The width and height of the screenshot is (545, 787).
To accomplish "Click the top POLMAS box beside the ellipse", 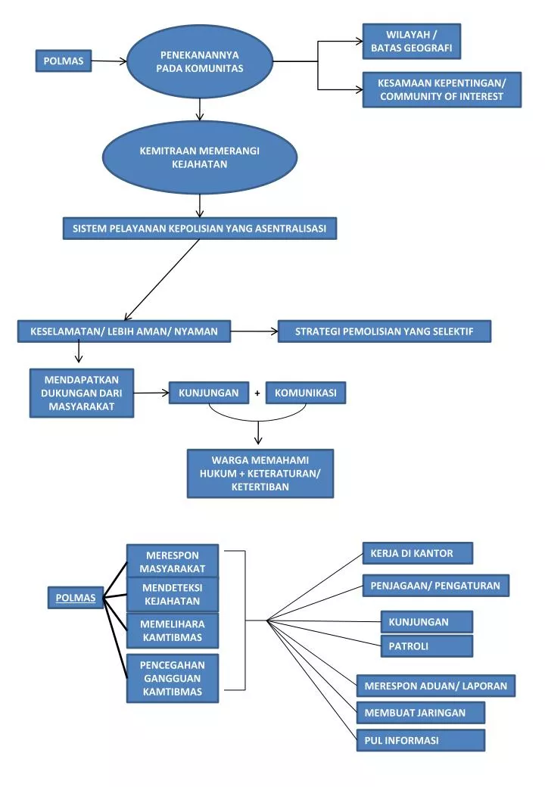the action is (64, 61).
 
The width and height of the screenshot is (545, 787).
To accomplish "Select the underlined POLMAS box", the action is (75, 598).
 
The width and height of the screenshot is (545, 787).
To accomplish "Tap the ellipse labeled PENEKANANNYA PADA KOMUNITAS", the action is (200, 62).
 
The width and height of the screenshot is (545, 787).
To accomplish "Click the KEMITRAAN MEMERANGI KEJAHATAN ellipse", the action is (200, 157).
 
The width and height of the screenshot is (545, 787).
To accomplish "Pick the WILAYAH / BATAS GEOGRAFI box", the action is (412, 41).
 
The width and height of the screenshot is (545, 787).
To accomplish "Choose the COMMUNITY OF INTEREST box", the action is (441, 90).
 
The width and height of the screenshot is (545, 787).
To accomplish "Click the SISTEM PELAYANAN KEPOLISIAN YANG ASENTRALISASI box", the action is (200, 229).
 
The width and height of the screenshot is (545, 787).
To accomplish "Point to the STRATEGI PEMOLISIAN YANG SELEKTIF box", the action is (385, 331).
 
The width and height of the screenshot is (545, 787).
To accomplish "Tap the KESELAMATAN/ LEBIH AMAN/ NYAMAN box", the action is (124, 331).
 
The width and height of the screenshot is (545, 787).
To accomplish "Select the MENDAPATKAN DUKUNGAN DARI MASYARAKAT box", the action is (82, 393).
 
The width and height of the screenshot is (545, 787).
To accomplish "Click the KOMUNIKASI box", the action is (306, 393).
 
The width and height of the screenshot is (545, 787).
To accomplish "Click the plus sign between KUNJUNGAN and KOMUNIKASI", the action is (257, 393).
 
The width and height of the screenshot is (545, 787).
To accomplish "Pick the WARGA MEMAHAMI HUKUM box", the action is (260, 473).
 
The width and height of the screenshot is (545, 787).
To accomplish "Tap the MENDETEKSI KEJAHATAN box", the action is (173, 594).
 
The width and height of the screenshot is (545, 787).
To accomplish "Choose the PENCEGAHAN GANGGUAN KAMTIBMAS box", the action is (173, 678).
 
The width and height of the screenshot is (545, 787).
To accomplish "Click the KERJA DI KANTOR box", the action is (418, 553).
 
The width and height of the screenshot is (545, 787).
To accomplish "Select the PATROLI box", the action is (427, 646).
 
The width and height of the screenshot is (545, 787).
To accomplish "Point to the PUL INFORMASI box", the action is (421, 740).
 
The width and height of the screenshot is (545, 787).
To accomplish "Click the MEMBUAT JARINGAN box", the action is (421, 713).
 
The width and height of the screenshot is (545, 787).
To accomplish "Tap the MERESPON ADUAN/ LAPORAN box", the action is (436, 686).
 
